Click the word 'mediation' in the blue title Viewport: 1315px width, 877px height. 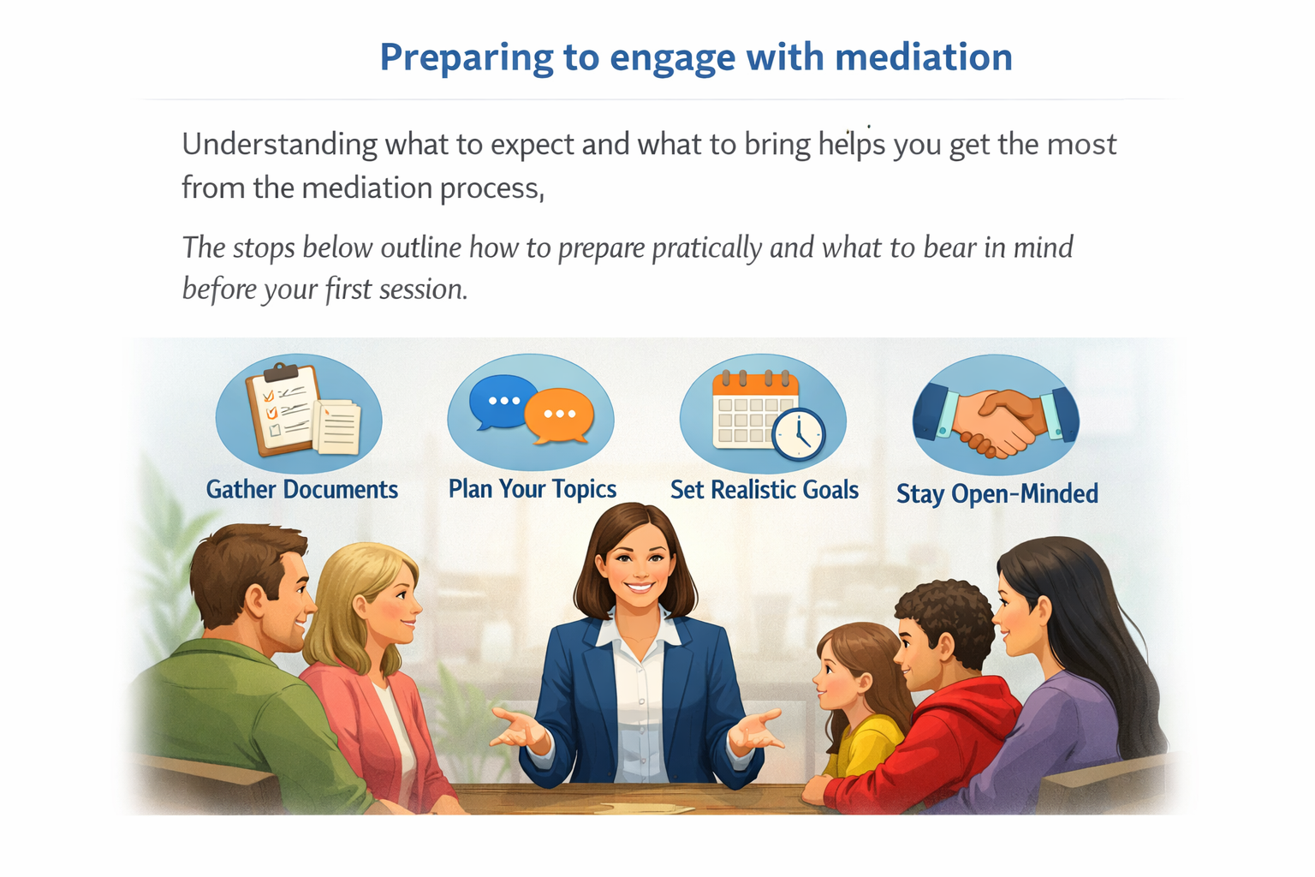923,57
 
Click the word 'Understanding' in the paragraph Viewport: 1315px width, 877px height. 279,144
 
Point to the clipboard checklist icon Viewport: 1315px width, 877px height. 283,409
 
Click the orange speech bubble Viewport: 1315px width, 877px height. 559,415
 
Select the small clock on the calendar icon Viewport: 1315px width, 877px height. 798,433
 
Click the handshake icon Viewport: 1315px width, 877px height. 996,417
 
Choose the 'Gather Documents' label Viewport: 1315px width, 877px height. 301,490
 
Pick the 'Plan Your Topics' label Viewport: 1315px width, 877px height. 532,489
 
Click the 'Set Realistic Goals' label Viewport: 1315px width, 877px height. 764,490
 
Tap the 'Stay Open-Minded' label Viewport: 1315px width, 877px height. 997,494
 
